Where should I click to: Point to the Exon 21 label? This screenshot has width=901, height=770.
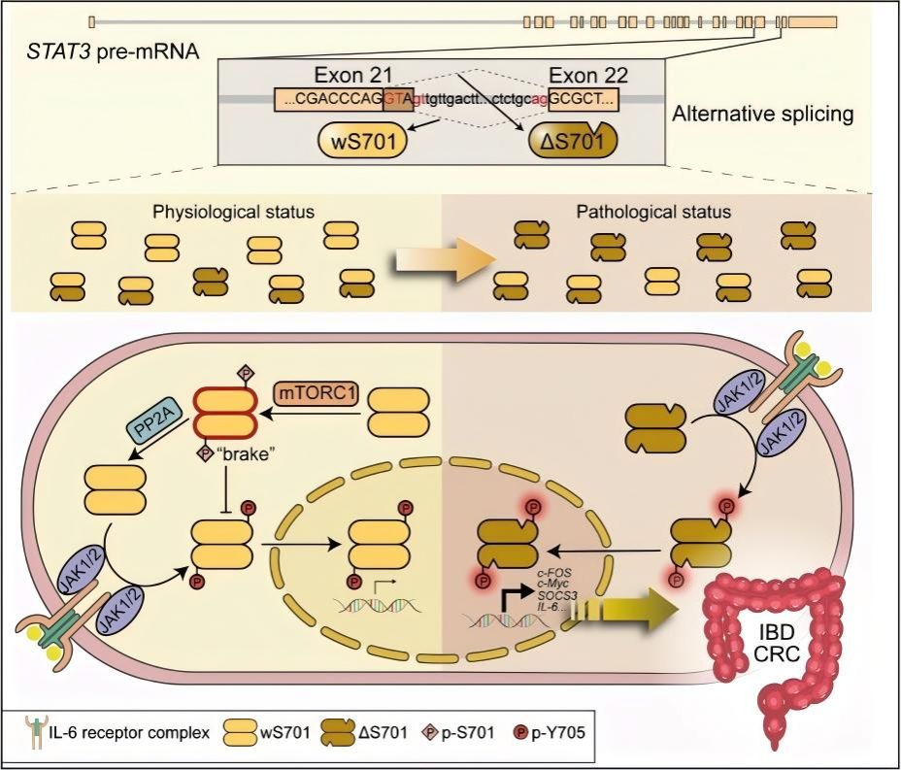(x=353, y=76)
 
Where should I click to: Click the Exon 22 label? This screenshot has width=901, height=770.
(x=588, y=76)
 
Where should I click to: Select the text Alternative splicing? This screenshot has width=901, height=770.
(x=763, y=114)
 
